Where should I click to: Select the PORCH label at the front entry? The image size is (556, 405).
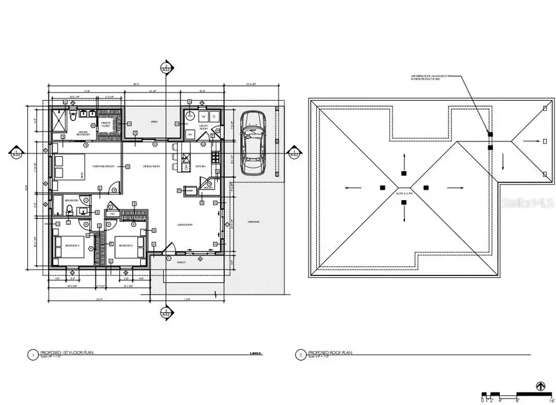point(181,261)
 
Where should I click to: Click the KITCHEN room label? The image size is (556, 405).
point(201,167)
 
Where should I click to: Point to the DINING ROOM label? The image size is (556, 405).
point(152,167)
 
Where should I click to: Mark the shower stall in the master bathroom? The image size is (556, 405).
point(58,122)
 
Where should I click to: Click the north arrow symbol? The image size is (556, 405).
point(542,386)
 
